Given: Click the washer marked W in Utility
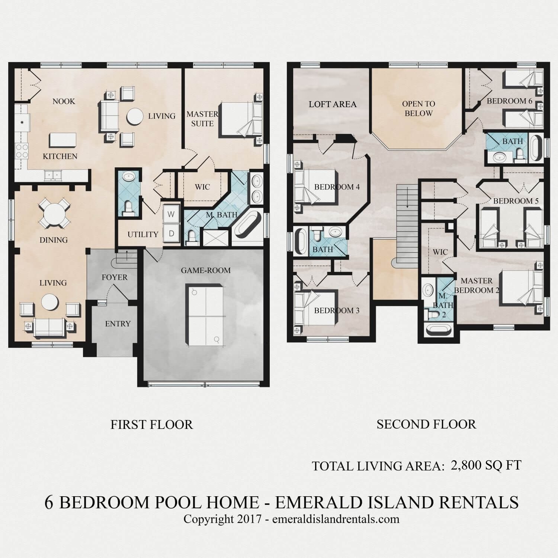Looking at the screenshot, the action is (x=171, y=214).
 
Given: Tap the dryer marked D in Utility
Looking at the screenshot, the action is (x=171, y=233).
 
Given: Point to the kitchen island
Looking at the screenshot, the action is (x=62, y=140).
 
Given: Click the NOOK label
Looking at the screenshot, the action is (x=64, y=101).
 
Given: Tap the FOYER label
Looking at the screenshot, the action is (x=115, y=277).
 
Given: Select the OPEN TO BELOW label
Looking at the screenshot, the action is (x=418, y=108).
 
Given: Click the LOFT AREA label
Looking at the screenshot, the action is (x=333, y=104).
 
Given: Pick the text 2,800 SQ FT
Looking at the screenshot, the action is (x=486, y=465).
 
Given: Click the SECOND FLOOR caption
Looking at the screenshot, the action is (x=426, y=424).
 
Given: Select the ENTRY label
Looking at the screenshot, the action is (x=118, y=324).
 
